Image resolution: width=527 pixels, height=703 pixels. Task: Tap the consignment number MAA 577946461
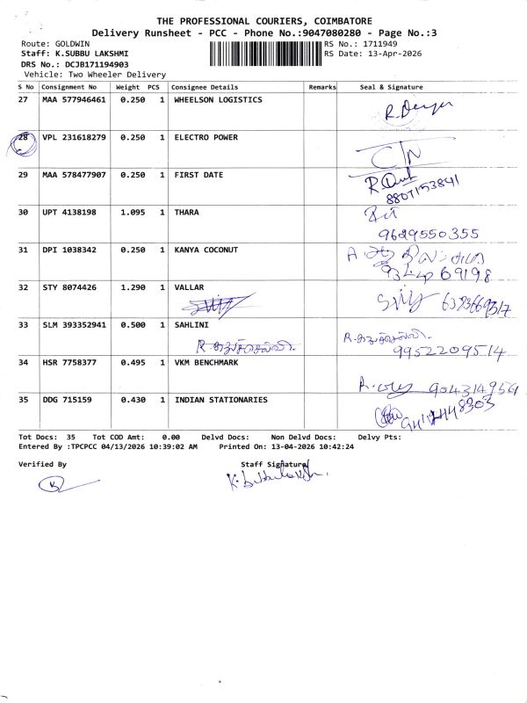(74, 100)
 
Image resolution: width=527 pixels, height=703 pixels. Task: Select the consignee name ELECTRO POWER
(206, 138)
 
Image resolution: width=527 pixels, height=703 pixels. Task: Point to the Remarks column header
(322, 88)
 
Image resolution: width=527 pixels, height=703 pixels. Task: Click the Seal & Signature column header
(392, 88)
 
